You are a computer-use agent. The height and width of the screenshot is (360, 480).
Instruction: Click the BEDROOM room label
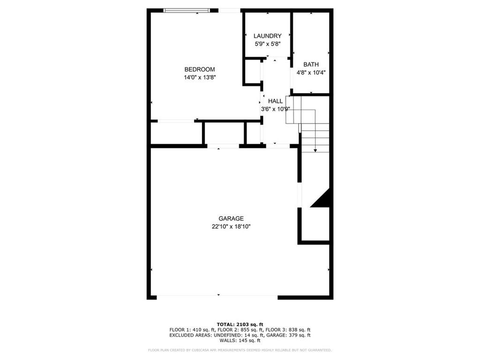click(x=199, y=69)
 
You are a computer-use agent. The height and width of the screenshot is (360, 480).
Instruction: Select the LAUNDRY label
click(x=267, y=36)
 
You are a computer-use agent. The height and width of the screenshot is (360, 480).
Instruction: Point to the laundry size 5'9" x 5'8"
click(x=267, y=44)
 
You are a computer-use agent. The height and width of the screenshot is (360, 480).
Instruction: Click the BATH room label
click(x=311, y=65)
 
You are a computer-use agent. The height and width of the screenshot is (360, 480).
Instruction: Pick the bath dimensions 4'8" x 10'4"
click(x=311, y=73)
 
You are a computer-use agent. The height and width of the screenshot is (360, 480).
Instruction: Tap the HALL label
click(x=276, y=101)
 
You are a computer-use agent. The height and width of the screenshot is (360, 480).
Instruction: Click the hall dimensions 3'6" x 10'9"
click(x=276, y=109)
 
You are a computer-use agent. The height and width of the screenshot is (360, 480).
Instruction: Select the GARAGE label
click(x=231, y=218)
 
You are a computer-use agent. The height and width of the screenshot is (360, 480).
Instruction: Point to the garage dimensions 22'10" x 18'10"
click(x=231, y=226)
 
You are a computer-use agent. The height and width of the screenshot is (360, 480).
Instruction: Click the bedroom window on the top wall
click(x=187, y=10)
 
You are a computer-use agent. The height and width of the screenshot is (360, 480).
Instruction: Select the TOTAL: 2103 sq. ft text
click(x=240, y=324)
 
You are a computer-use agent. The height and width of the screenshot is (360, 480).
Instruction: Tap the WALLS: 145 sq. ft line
click(x=240, y=341)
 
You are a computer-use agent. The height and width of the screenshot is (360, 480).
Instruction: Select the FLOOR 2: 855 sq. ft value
click(x=240, y=330)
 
